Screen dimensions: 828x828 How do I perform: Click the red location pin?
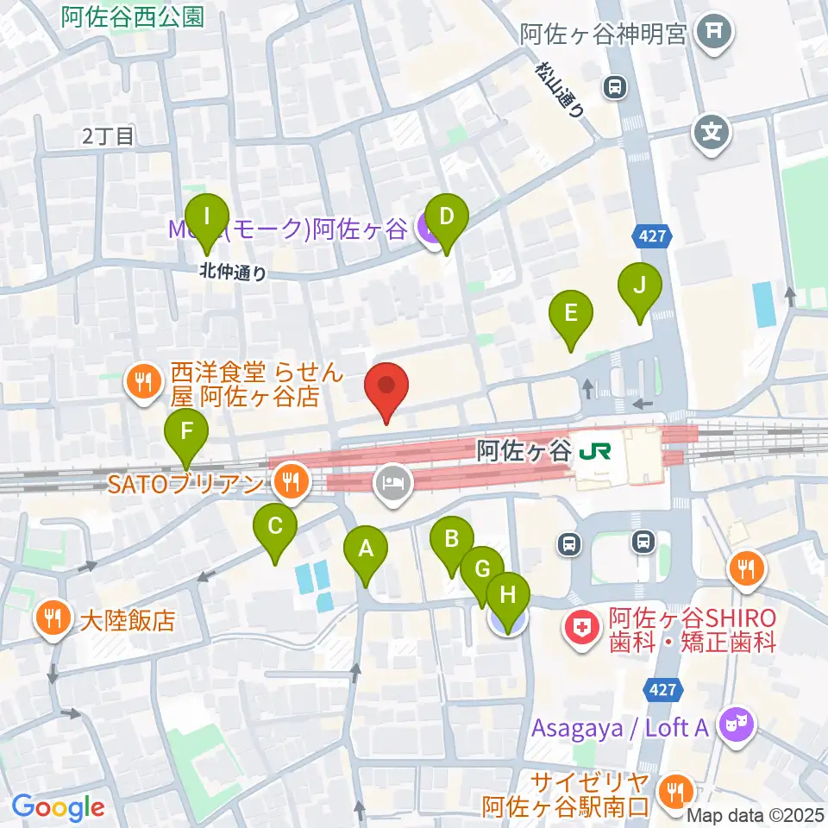click(386, 390)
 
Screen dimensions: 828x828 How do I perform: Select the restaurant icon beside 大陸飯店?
click(53, 619)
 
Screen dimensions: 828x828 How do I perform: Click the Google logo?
click(58, 807)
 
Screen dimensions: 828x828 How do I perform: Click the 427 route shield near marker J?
click(653, 235)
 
